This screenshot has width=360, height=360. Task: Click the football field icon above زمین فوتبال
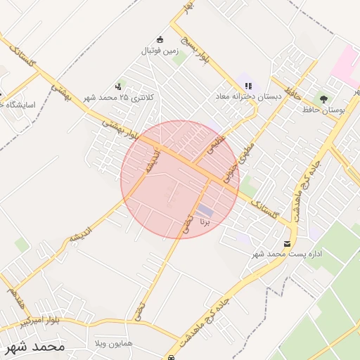[160, 39]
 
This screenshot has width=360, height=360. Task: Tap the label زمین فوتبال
[160, 51]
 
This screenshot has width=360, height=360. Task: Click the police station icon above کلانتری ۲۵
[117, 86]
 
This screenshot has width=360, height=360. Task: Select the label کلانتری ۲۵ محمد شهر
[117, 98]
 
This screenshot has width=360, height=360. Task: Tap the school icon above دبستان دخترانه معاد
[248, 85]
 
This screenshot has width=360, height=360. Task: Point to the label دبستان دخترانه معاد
[248, 96]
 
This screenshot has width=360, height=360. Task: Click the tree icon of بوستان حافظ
[324, 99]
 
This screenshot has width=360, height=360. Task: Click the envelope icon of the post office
[286, 243]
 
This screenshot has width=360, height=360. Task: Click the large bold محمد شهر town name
[34, 346]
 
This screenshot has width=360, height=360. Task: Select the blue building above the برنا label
[205, 210]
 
